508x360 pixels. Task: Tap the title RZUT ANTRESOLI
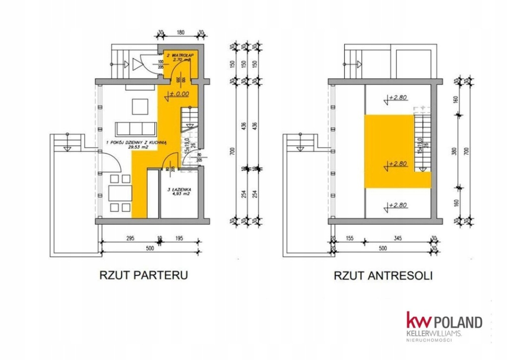(x=382, y=275)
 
